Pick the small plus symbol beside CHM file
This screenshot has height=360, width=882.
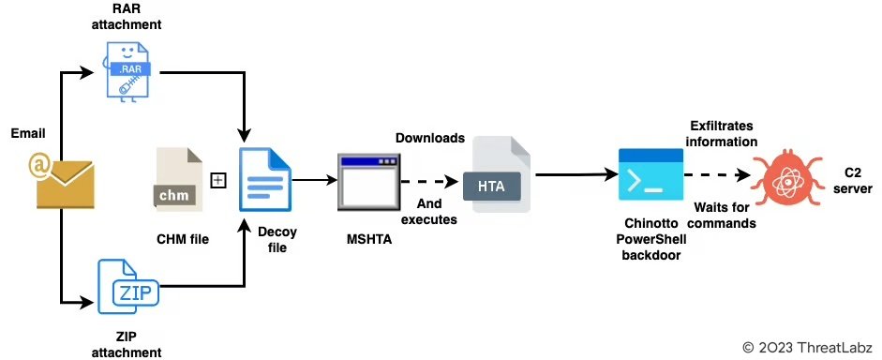218,180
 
